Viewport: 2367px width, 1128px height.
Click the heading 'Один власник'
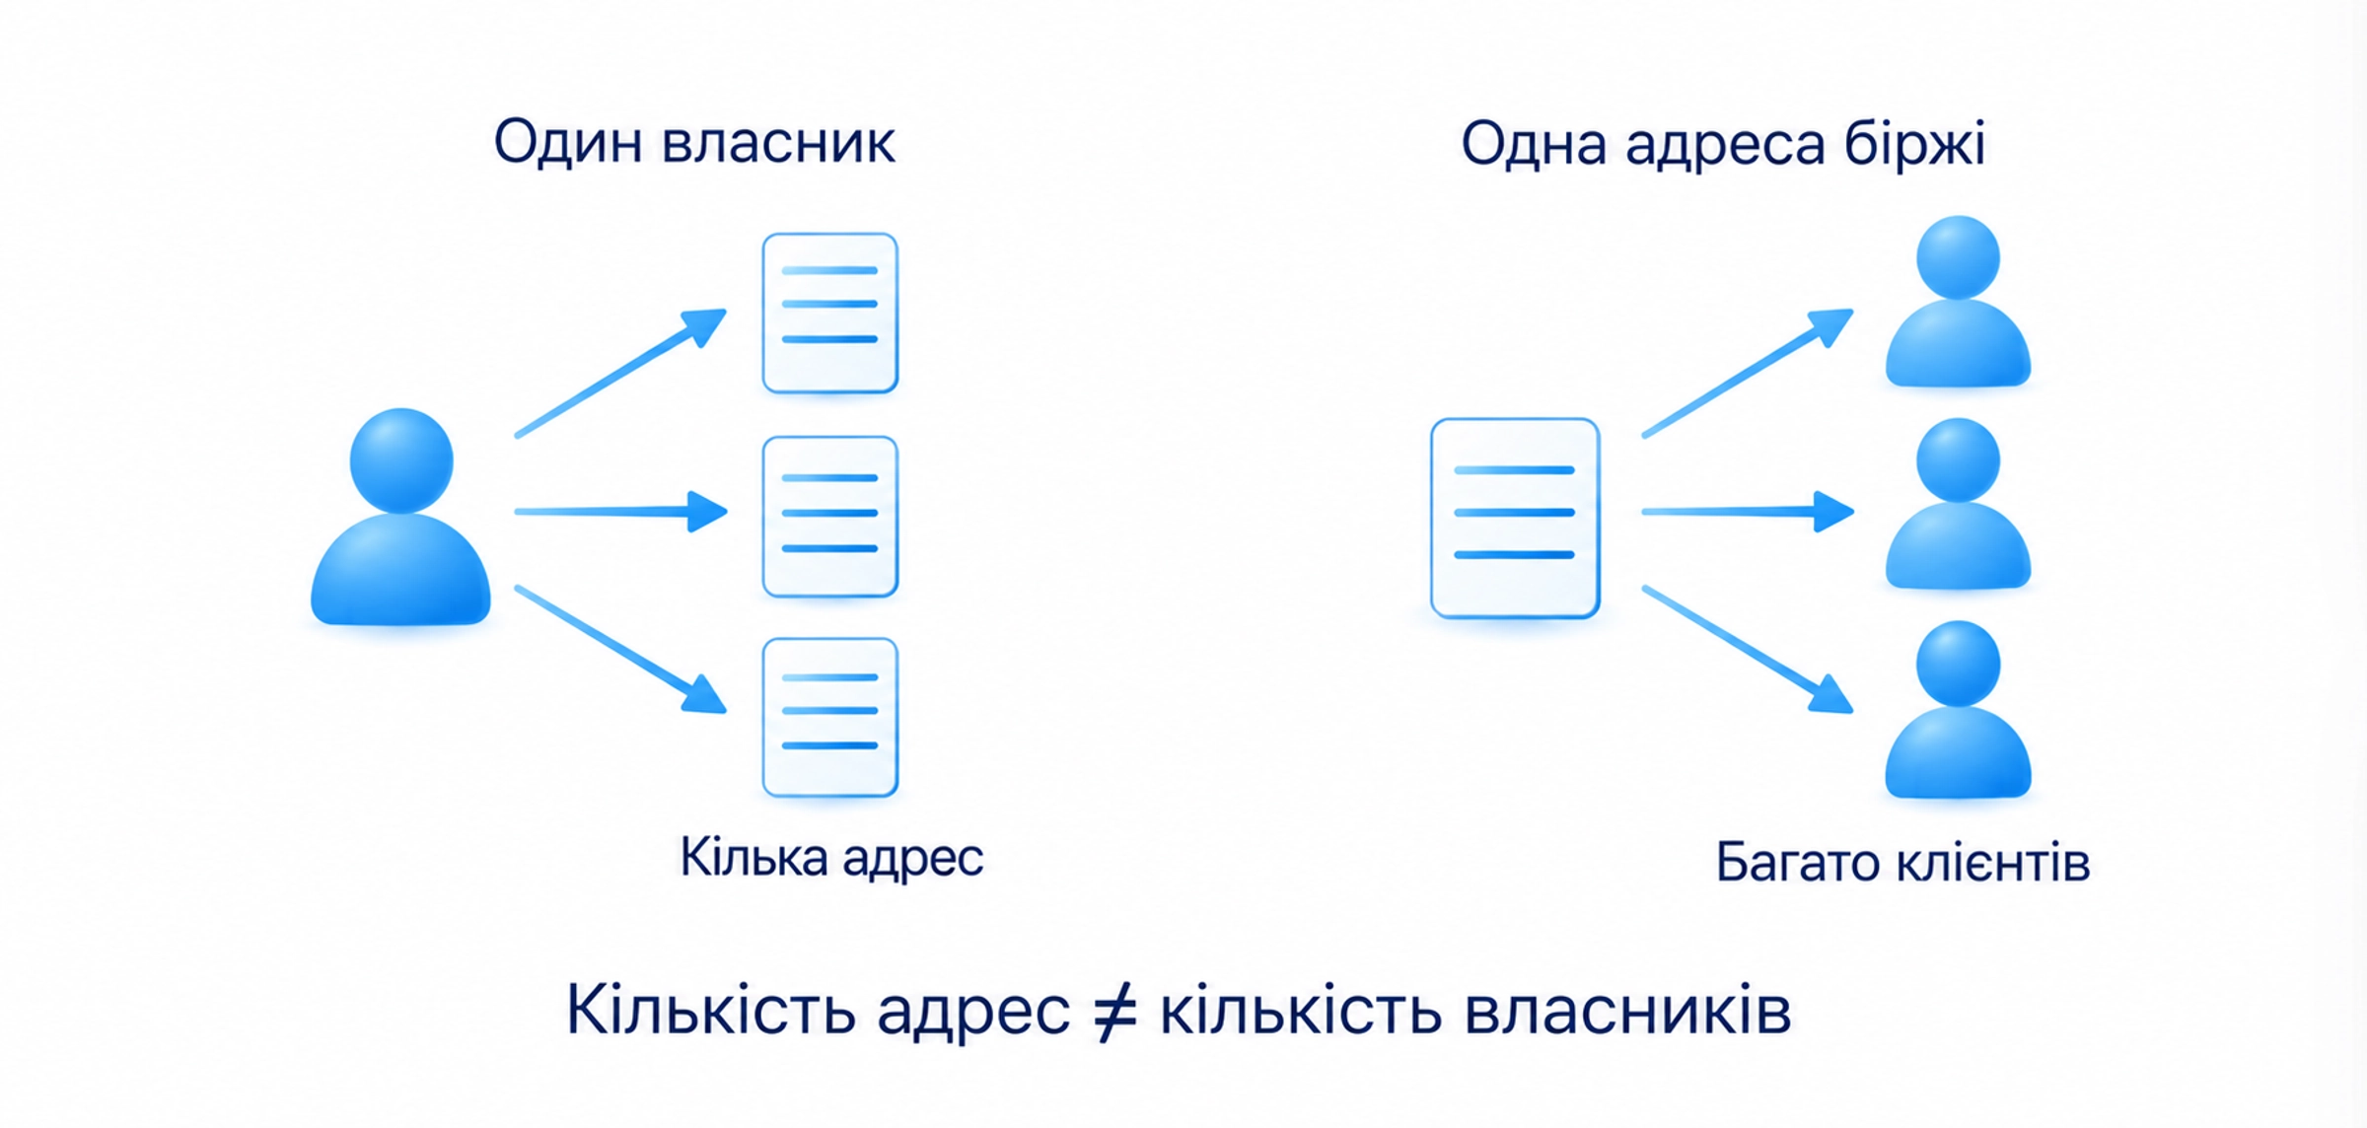point(694,142)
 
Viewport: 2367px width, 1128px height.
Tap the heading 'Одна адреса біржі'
point(1722,145)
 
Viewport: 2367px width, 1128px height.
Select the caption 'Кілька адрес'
point(831,858)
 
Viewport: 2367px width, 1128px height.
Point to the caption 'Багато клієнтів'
point(1902,863)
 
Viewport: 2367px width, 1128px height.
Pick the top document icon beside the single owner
point(829,313)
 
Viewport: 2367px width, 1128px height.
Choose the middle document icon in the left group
point(829,516)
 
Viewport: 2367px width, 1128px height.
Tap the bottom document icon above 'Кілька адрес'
point(829,717)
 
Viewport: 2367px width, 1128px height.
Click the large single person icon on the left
point(400,517)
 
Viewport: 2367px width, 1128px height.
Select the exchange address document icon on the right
point(1515,519)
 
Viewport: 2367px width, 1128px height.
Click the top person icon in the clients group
point(1958,301)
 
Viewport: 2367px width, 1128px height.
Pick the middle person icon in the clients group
point(1958,504)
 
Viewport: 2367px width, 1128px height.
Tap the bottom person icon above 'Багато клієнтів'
point(1958,708)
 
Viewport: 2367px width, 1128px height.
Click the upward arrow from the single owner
point(621,373)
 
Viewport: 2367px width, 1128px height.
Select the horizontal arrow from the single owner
point(621,512)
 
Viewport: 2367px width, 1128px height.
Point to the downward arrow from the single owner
point(621,649)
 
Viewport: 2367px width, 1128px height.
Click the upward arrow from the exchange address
point(1748,373)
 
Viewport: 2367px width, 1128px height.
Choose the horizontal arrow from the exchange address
point(1748,512)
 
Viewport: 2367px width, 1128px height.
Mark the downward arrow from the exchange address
point(1748,649)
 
